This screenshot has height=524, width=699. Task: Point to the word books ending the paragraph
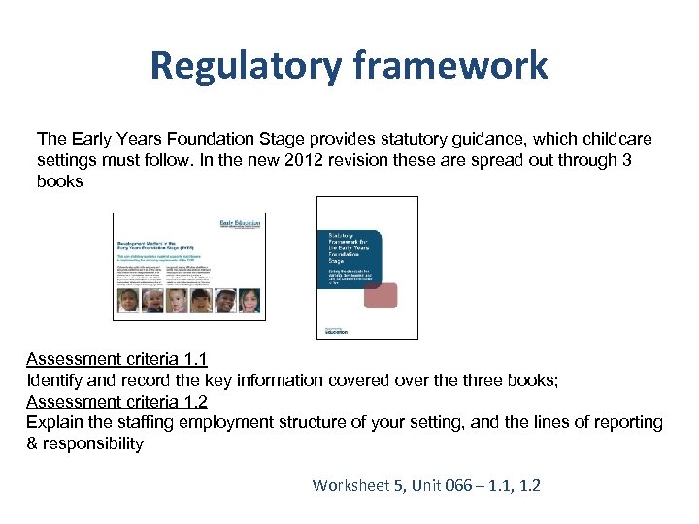coord(60,181)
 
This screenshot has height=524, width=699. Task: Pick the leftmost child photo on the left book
coord(127,301)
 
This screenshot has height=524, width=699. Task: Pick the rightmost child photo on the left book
coord(250,301)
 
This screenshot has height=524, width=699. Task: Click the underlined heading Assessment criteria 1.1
coord(116,358)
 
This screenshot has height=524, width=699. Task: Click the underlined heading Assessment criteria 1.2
coord(116,402)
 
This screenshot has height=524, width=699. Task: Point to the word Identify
coord(55,380)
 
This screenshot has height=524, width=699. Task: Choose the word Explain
coord(55,423)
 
